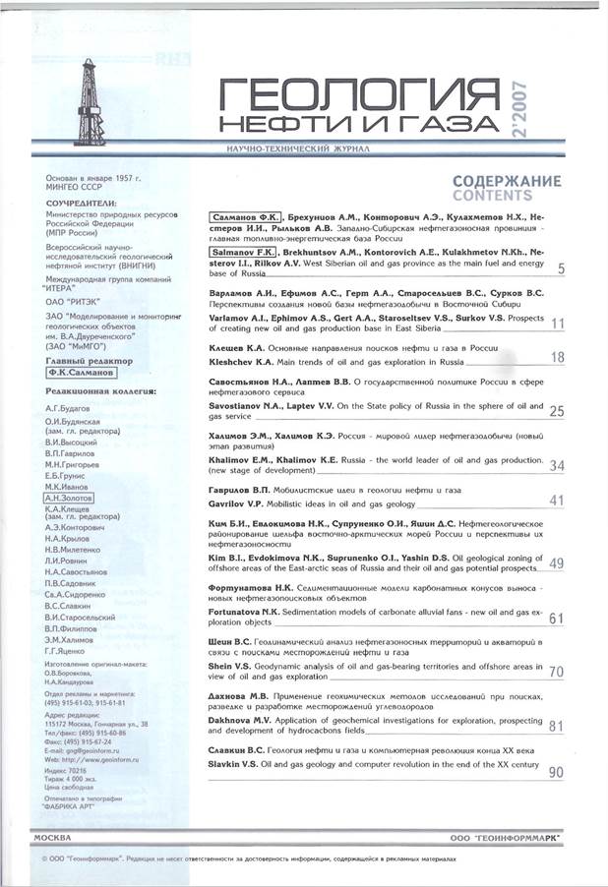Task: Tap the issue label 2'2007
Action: click(x=549, y=106)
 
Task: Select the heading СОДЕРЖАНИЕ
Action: click(x=507, y=181)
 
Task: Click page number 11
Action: click(x=557, y=325)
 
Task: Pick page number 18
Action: click(x=556, y=358)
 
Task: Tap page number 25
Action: click(x=556, y=411)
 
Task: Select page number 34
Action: click(x=556, y=465)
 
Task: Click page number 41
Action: click(x=556, y=501)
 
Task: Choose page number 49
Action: click(x=556, y=563)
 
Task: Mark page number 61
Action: click(x=556, y=619)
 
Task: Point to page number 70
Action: click(x=556, y=672)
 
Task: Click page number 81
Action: click(x=556, y=726)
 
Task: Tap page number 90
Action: click(x=556, y=772)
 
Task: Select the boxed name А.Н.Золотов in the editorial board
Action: click(x=67, y=498)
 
